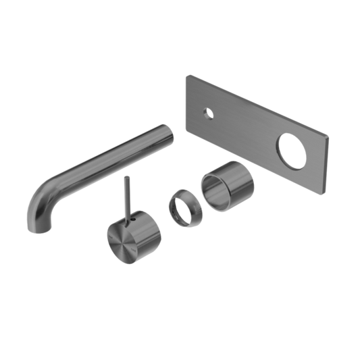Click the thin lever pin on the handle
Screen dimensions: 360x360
[x=125, y=196]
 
